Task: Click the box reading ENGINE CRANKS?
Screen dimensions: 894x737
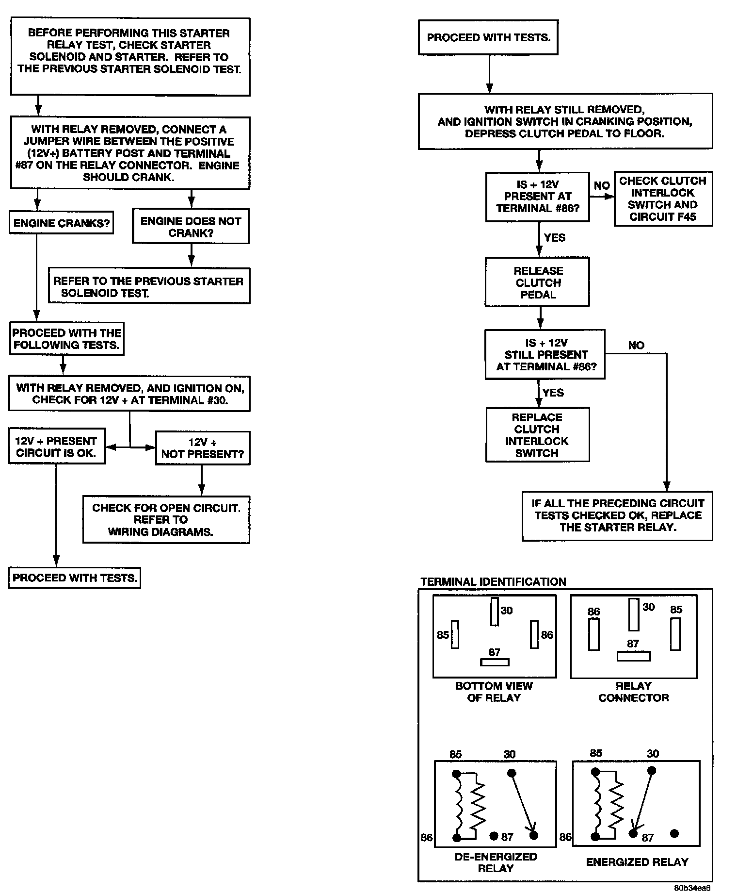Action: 61,223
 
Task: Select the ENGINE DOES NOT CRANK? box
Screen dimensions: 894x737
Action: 191,227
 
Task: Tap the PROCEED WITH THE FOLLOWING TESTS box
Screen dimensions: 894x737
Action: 66,339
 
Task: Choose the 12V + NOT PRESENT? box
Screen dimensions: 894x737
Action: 203,448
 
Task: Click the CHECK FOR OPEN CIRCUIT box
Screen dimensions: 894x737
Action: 166,519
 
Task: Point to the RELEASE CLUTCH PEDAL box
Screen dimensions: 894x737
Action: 538,282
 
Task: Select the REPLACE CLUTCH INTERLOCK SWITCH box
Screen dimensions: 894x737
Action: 537,434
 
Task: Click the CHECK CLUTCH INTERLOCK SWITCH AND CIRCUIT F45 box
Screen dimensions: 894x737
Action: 663,199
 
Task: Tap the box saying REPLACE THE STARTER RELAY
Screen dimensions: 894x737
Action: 617,515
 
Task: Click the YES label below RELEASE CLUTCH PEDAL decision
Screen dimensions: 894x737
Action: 553,392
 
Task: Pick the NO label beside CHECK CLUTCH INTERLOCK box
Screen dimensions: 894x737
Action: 602,186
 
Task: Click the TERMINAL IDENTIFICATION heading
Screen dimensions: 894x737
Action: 493,581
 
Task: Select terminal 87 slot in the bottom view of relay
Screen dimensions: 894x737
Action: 494,662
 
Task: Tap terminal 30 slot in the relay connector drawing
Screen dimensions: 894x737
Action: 633,614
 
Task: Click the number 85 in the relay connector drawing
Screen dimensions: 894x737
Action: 676,610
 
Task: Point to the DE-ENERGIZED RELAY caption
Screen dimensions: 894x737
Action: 496,862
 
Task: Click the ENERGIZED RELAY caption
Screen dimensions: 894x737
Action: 637,862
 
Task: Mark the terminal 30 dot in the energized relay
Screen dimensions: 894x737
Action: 652,770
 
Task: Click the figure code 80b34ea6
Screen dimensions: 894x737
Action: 692,888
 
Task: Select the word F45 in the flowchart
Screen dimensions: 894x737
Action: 686,216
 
